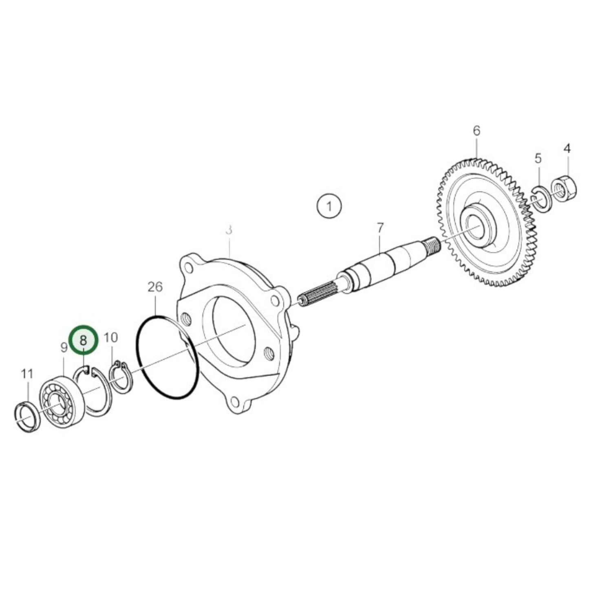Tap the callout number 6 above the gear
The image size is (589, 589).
click(476, 131)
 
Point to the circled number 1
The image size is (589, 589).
click(329, 206)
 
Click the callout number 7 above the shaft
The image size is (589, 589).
click(380, 228)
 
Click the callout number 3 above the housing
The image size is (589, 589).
click(229, 230)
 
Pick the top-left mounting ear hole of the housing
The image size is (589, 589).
click(188, 268)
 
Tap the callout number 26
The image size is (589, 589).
click(155, 287)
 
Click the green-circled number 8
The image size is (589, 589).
click(84, 340)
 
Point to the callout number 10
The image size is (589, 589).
click(110, 338)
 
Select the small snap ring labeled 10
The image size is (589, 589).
click(120, 377)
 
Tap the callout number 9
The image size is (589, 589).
click(64, 348)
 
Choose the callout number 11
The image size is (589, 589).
click(27, 373)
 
